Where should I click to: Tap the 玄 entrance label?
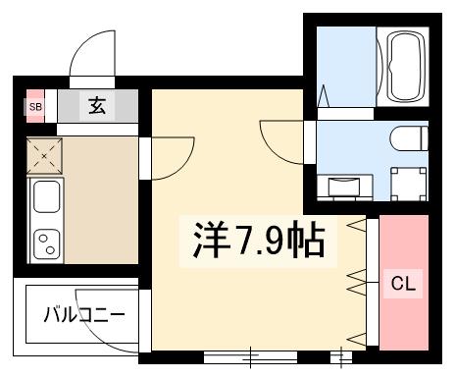coord(97,105)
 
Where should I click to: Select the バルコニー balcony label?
coord(83,316)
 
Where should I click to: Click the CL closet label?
coord(404,285)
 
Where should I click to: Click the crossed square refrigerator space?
coord(45,154)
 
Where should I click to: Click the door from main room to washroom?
coord(285,138)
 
